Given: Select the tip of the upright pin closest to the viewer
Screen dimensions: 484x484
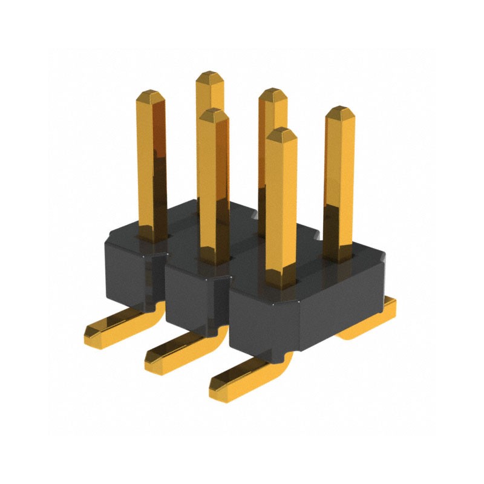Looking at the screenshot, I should pos(281,133).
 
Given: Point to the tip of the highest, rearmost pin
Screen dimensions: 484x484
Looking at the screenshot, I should pos(209,76).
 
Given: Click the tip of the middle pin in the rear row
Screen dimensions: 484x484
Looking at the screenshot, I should pos(272,93).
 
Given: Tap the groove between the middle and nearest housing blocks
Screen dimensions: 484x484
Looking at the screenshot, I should pos(228,302).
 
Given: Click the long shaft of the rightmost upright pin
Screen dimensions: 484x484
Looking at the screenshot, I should pos(339,181).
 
